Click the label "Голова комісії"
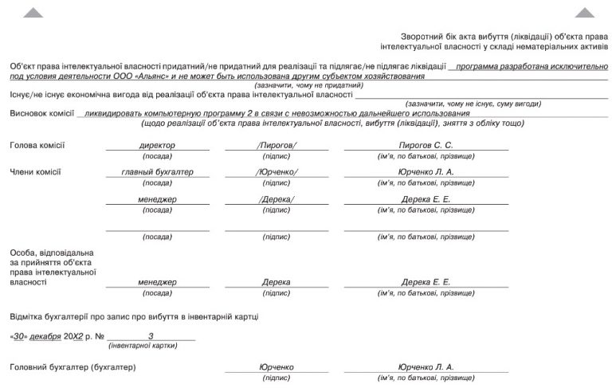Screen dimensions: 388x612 tap(37, 146)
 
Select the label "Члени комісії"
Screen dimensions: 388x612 tap(35, 172)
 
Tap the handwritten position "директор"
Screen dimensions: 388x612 tap(157, 146)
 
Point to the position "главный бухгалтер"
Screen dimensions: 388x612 tap(157, 172)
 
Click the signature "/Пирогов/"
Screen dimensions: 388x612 tap(277, 146)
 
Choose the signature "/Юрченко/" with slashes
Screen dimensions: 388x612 tap(277, 172)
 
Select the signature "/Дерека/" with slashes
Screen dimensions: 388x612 tap(277, 199)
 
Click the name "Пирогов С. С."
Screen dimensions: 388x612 tap(426, 146)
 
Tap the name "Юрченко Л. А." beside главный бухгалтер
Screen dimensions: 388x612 tap(426, 172)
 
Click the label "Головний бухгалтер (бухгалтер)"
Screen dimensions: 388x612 tap(73, 367)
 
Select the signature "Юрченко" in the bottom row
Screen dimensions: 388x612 tap(277, 367)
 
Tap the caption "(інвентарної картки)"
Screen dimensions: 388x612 tap(142, 346)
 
